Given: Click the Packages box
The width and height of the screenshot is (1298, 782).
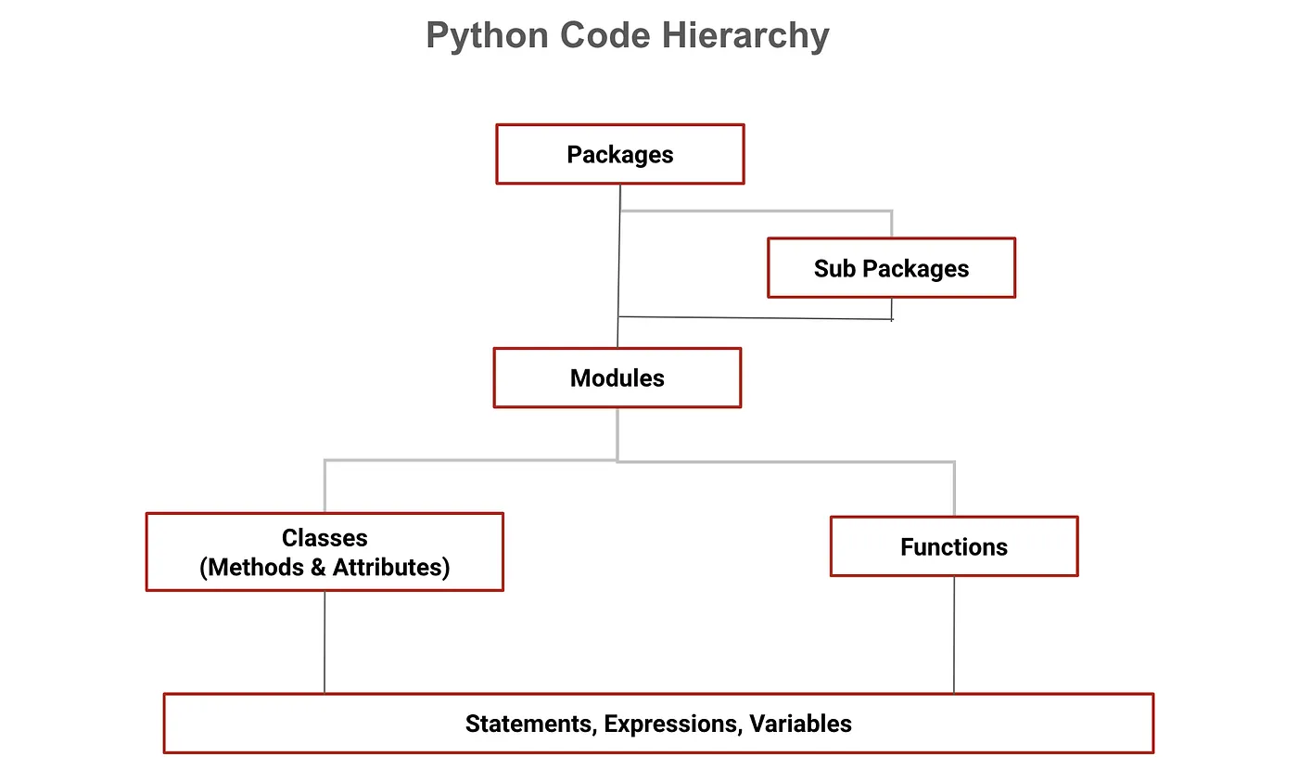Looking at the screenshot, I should tap(619, 154).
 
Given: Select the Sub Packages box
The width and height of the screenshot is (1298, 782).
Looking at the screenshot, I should tap(891, 268).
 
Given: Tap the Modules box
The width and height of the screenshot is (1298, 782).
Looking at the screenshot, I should tap(617, 378).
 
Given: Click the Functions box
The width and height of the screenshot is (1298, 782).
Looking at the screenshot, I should tap(953, 546).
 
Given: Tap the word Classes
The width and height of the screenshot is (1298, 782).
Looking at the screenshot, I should tap(324, 538).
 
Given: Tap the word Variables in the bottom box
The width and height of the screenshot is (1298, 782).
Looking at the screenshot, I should tap(800, 724).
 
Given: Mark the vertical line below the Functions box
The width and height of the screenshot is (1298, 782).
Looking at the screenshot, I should tap(954, 635).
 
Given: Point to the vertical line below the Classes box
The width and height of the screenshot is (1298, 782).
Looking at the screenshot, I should tap(324, 642).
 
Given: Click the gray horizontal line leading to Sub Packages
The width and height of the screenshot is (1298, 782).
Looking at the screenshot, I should tap(756, 212).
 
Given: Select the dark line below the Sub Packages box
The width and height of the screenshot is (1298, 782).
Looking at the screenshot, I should tap(756, 318).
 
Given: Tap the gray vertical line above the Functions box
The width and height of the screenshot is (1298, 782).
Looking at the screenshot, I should tap(954, 489).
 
